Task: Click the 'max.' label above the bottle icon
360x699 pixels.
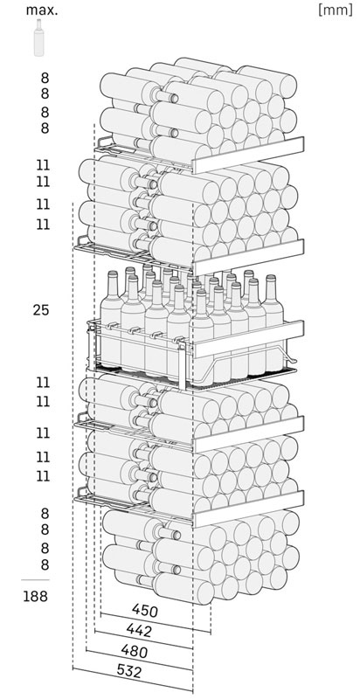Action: pos(41,10)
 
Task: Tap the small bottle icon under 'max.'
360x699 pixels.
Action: pos(38,38)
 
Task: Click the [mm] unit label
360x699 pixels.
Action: pos(336,10)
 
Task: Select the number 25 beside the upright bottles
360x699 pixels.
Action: pos(40,310)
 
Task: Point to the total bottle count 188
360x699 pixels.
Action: pos(35,596)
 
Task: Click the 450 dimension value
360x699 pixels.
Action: pos(145,610)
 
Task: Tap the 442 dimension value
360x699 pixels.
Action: pos(139,630)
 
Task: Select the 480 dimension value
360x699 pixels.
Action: pos(134,651)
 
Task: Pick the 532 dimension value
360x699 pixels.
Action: pos(128,671)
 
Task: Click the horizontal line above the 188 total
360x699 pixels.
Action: pos(35,580)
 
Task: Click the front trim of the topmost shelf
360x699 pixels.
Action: pos(248,155)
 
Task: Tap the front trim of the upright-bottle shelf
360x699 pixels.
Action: pos(248,339)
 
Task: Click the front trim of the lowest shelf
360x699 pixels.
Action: pos(248,509)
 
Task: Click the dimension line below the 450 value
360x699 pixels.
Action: pos(156,623)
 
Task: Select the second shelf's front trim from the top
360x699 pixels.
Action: pos(248,257)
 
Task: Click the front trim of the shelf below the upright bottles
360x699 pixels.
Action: pos(248,434)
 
